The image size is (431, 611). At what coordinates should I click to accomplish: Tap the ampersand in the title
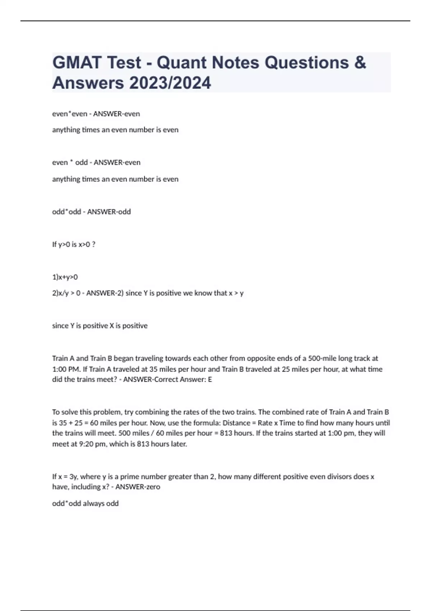360,63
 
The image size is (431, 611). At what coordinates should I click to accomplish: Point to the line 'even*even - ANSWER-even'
96,114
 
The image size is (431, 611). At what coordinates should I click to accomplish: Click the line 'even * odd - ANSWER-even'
96,162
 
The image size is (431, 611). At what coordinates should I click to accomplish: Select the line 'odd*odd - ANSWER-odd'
91,212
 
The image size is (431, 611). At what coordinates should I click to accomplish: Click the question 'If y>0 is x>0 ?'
74,244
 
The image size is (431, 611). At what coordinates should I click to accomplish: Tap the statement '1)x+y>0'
65,277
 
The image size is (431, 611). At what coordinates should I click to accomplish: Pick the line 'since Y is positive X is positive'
100,326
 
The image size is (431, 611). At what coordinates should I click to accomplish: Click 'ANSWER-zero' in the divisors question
138,487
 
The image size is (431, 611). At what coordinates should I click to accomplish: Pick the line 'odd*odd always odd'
85,504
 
